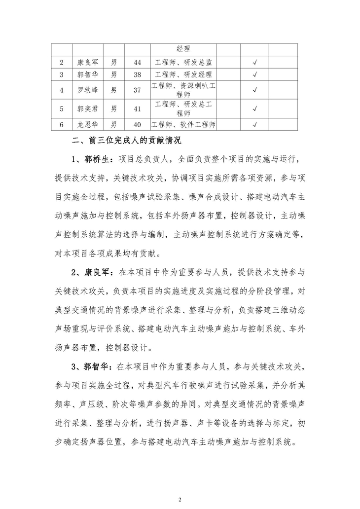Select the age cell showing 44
pos(137,63)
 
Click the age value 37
pos(137,90)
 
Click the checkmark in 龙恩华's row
pos(255,124)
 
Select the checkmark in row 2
pos(255,63)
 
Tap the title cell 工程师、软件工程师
pos(183,124)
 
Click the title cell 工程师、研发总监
pos(183,63)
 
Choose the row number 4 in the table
pos(61,90)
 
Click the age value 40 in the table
pos(137,124)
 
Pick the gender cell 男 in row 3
pos(113,75)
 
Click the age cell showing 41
pos(137,109)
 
